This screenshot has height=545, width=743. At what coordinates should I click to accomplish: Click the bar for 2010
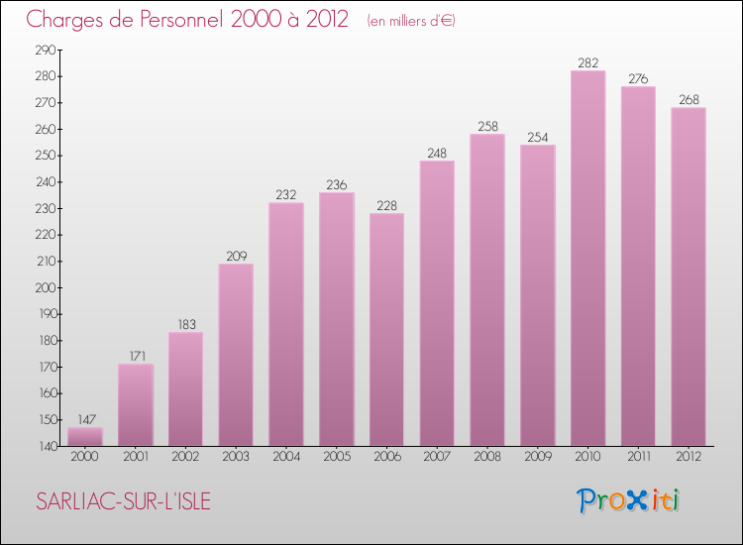(x=587, y=258)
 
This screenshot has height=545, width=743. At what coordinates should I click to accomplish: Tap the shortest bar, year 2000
(x=85, y=437)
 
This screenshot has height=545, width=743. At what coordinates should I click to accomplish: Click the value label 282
(x=587, y=63)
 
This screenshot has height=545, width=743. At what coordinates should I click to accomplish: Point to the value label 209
(x=236, y=256)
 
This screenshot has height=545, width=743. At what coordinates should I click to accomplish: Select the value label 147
(x=85, y=420)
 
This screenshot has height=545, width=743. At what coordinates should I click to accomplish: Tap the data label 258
(x=487, y=127)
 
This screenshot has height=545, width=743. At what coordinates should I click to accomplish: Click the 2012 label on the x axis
(x=689, y=457)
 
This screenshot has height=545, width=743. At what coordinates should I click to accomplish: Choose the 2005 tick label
(x=337, y=457)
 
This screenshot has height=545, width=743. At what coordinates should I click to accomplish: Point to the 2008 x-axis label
(x=487, y=457)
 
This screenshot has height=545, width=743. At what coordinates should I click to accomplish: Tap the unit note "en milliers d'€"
(x=410, y=21)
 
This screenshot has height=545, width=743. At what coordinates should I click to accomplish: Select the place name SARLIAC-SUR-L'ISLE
(x=123, y=501)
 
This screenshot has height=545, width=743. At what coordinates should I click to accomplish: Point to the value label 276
(x=638, y=79)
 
